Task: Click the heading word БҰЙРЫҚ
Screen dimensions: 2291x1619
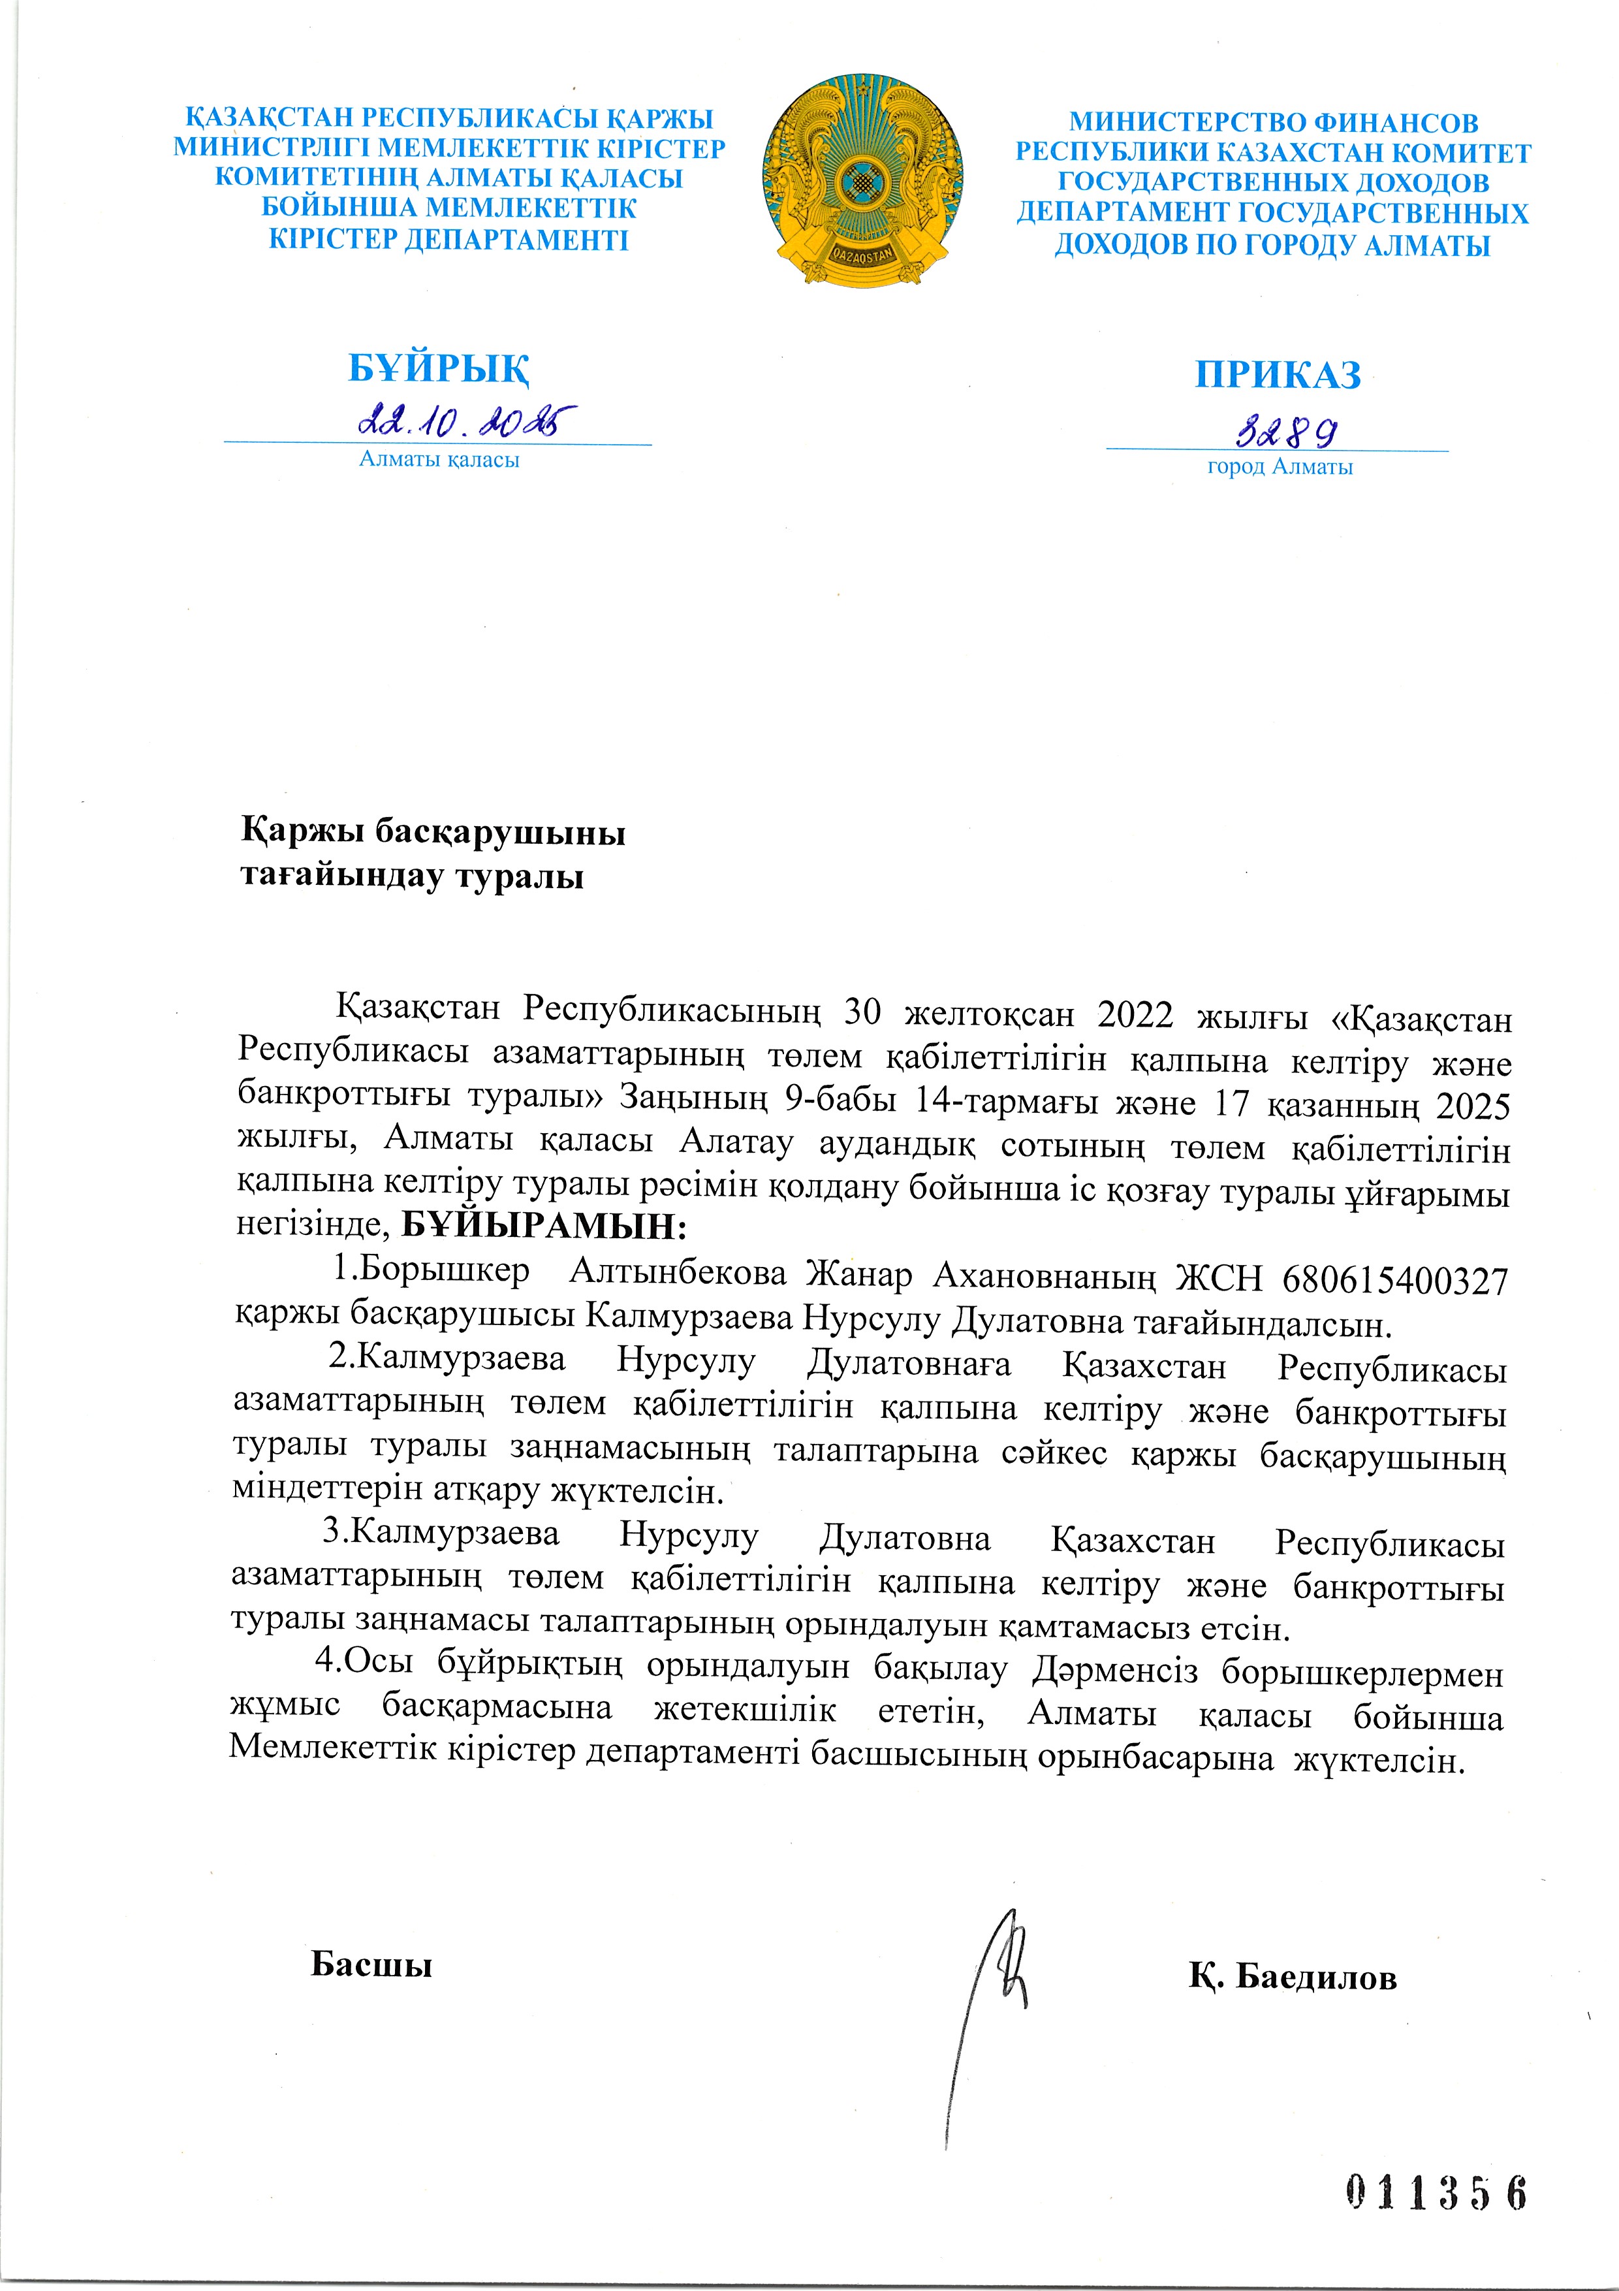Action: point(438,368)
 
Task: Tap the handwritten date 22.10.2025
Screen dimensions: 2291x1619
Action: point(467,421)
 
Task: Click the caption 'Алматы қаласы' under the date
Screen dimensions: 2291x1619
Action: point(439,460)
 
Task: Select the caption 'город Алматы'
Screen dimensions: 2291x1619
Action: point(1280,466)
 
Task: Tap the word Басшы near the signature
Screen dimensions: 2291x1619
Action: point(371,1964)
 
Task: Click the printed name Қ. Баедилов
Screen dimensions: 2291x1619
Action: point(1292,1976)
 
